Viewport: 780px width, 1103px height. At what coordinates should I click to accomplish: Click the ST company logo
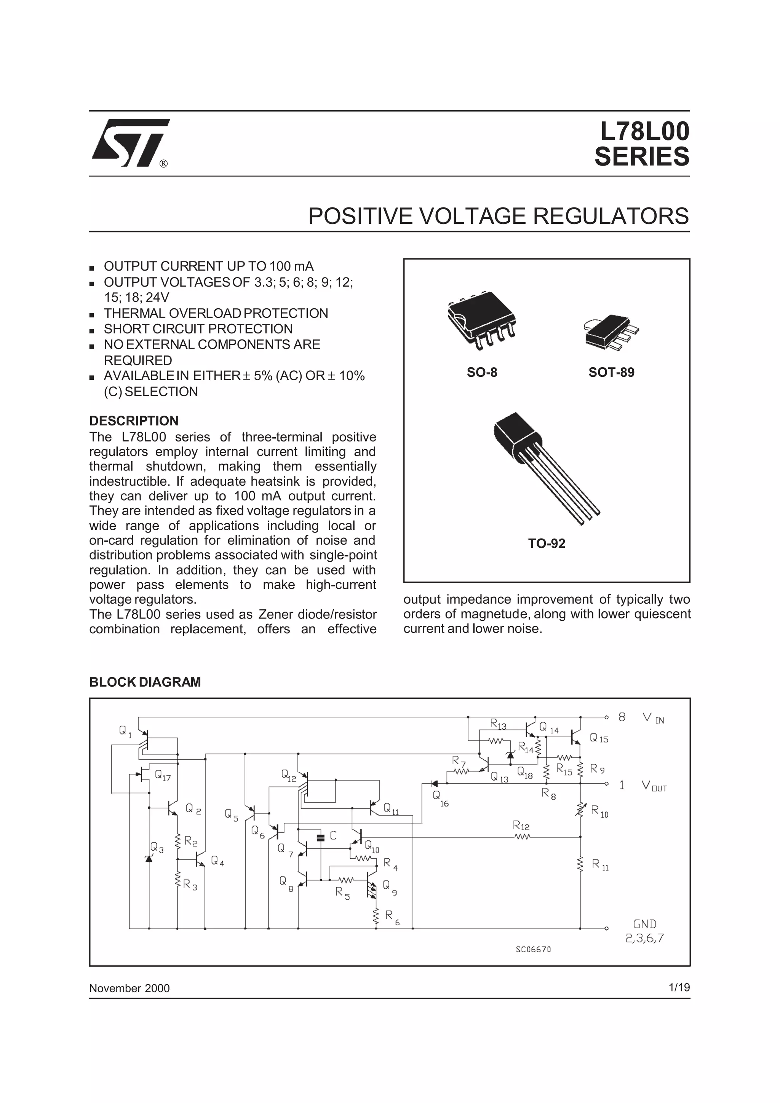click(x=130, y=143)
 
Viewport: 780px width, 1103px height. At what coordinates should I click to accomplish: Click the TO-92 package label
click(x=547, y=544)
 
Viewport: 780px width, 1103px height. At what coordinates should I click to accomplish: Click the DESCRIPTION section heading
click(x=134, y=421)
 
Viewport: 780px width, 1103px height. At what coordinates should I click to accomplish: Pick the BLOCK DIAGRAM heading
click(x=145, y=682)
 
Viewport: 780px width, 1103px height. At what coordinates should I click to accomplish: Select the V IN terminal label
click(x=653, y=718)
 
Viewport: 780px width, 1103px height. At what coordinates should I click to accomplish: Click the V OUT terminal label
click(x=654, y=786)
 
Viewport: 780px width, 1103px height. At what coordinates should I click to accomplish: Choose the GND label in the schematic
click(x=644, y=924)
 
